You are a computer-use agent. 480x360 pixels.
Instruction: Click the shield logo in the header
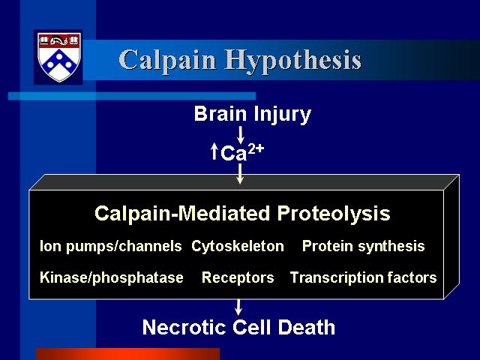click(x=59, y=57)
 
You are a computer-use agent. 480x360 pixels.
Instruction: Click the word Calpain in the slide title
click(x=167, y=60)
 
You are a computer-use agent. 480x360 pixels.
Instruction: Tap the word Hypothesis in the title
click(x=293, y=61)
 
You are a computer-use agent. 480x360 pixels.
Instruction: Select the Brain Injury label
click(x=253, y=114)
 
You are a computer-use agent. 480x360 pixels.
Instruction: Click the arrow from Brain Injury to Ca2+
click(x=240, y=135)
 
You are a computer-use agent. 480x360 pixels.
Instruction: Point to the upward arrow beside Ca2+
click(x=214, y=151)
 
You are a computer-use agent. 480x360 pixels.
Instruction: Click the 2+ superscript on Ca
click(x=256, y=148)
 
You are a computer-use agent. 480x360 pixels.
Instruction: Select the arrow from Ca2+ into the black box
click(x=240, y=174)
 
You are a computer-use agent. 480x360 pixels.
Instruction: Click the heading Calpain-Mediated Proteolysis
click(x=242, y=213)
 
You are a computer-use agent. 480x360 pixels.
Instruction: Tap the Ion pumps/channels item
click(x=111, y=247)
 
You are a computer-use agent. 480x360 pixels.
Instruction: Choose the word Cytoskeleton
click(x=238, y=246)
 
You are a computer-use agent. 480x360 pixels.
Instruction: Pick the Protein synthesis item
click(x=363, y=247)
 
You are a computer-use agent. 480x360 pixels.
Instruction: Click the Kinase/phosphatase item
click(x=112, y=278)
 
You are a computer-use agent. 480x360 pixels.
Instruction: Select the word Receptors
click(x=238, y=278)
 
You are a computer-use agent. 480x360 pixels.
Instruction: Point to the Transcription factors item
click(x=363, y=277)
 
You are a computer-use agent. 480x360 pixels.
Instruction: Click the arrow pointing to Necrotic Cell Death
click(x=238, y=307)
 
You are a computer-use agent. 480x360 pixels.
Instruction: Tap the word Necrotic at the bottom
click(x=184, y=327)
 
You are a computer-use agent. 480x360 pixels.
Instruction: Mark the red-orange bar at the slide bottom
click(x=128, y=354)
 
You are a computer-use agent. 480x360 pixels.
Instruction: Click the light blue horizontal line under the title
click(x=132, y=96)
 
